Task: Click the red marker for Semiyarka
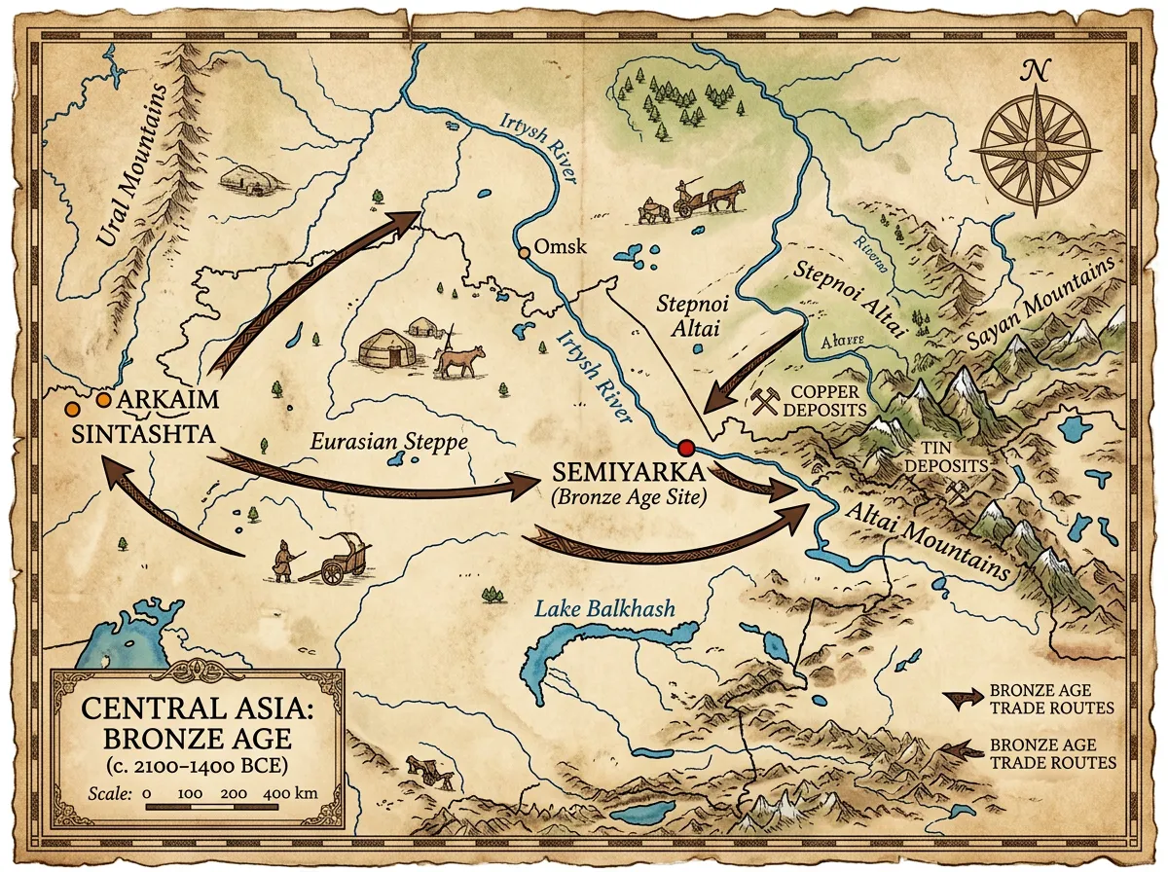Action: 686,448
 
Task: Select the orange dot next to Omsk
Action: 526,253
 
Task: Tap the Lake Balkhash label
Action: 603,610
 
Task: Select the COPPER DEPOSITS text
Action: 827,400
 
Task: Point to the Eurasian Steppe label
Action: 389,442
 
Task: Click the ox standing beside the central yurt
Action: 458,361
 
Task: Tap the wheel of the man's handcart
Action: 334,573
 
